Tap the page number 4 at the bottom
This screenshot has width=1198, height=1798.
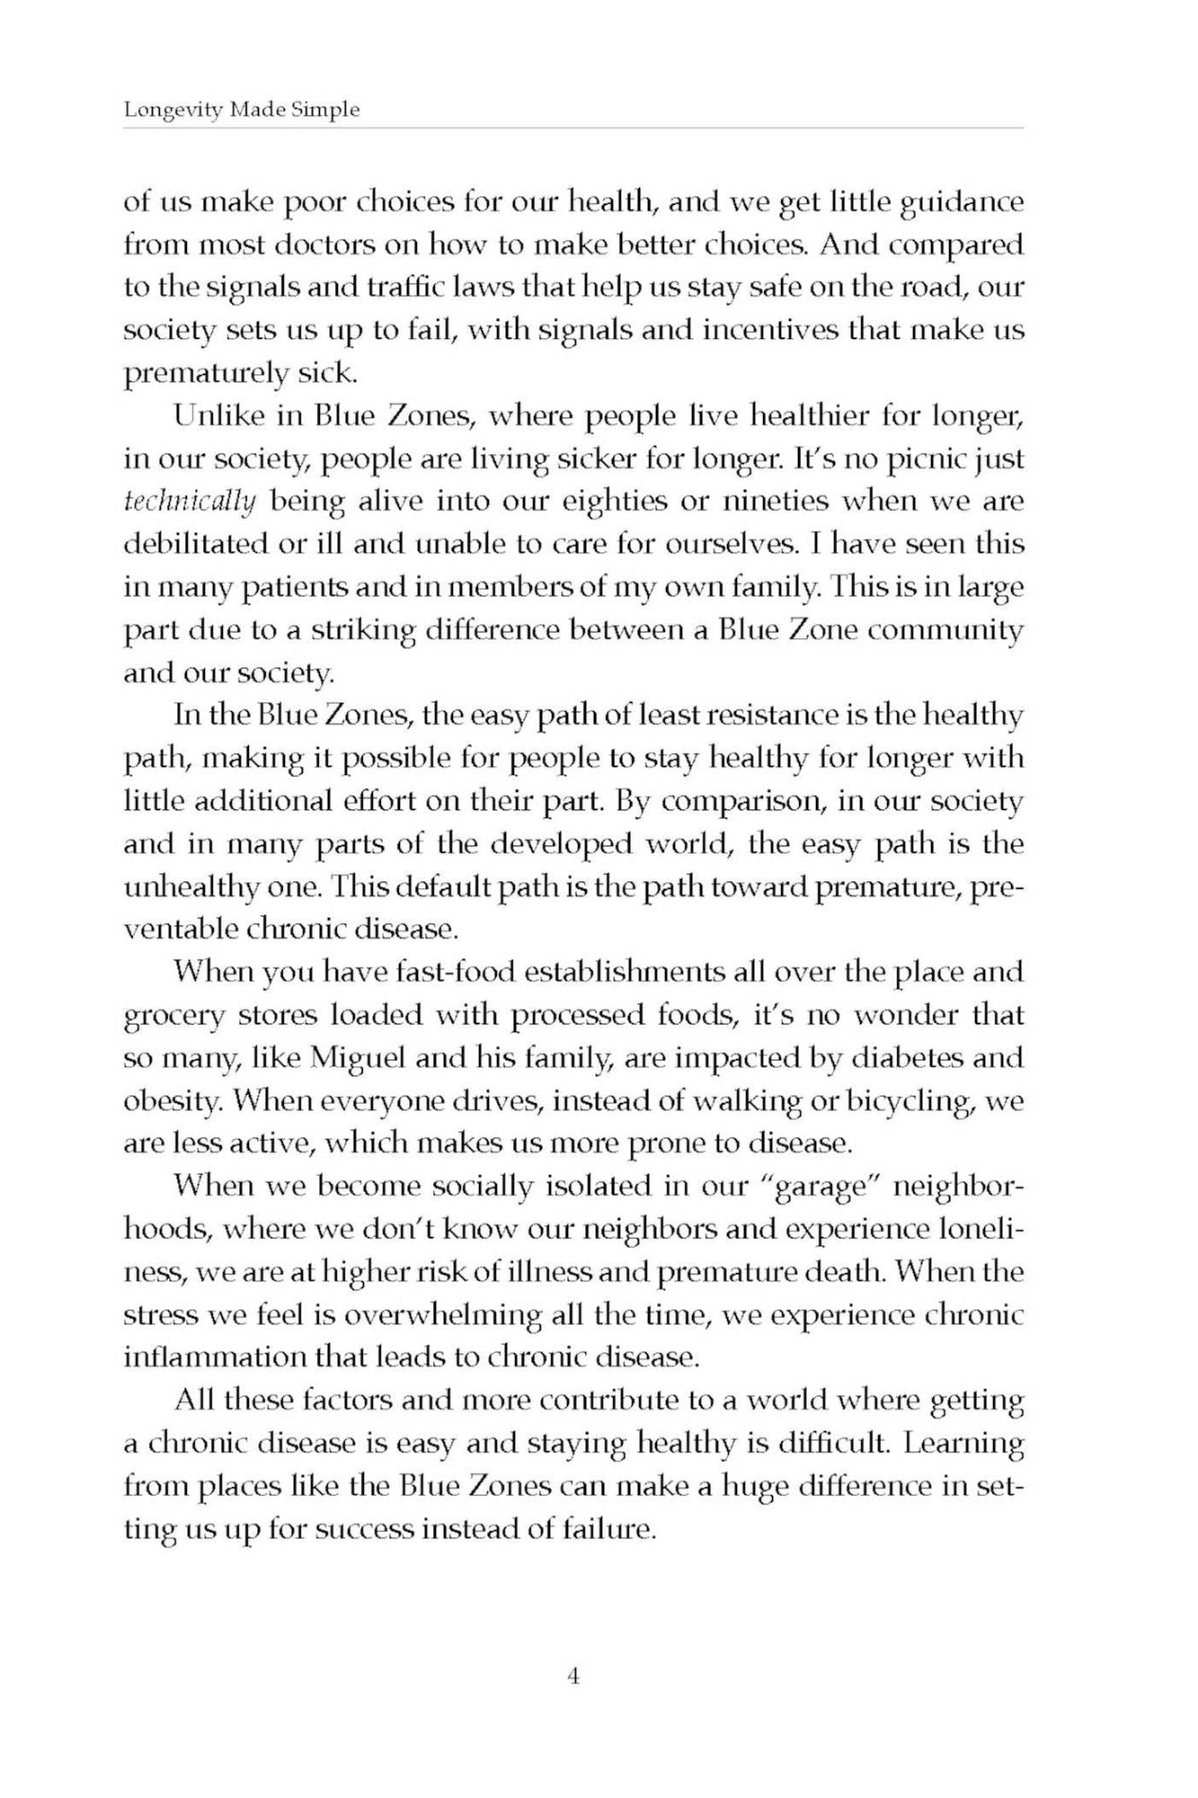[x=573, y=1676]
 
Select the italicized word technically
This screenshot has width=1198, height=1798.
[x=190, y=502]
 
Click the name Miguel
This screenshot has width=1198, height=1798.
[x=358, y=1057]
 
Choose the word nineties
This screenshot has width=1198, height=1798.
[x=773, y=502]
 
